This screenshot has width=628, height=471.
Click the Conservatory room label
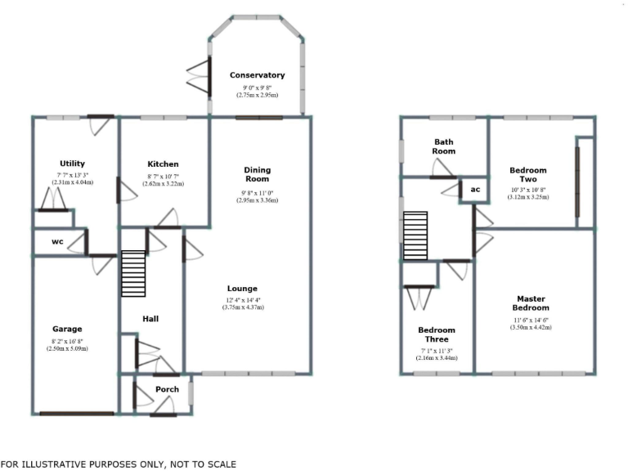click(x=257, y=75)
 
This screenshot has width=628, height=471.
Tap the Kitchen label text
click(x=163, y=164)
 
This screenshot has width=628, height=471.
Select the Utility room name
click(x=72, y=164)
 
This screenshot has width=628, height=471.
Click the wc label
click(x=57, y=242)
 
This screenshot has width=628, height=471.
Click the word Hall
click(x=150, y=319)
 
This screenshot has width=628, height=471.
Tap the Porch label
click(x=167, y=389)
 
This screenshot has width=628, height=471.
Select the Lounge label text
click(x=242, y=289)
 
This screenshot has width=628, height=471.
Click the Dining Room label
click(x=257, y=175)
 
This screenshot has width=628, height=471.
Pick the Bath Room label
click(x=444, y=146)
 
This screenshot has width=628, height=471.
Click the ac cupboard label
click(x=473, y=189)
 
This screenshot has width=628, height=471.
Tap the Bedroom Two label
click(x=527, y=176)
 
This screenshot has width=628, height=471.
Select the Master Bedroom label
click(x=529, y=303)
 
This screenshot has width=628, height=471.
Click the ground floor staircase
click(x=132, y=274)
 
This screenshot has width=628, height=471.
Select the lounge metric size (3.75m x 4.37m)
click(x=242, y=307)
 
